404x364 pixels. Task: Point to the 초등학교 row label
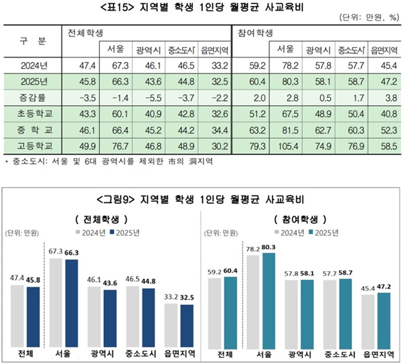(32, 113)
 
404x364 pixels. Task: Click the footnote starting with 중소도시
(107, 161)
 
